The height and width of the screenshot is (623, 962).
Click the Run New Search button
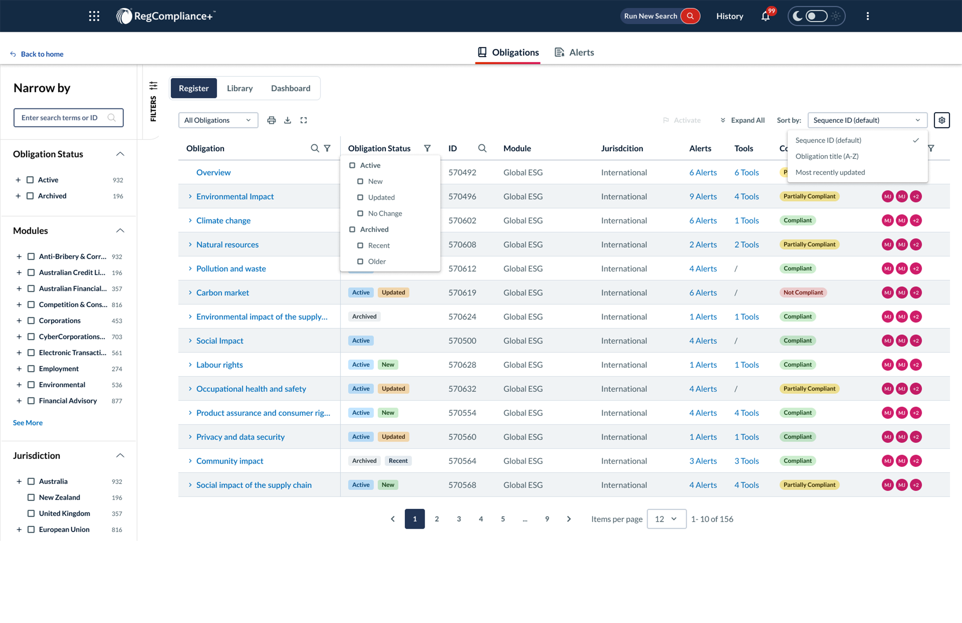[660, 16]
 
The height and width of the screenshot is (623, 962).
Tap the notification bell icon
[765, 17]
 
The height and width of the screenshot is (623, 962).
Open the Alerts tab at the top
[574, 52]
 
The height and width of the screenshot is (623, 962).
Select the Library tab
[240, 88]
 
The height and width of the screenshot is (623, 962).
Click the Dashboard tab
[291, 88]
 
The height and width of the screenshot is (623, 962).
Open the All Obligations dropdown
[218, 120]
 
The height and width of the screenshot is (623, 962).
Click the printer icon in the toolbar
[272, 120]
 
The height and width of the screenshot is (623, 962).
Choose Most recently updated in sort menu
[830, 172]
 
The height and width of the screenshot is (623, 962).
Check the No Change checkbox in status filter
[360, 213]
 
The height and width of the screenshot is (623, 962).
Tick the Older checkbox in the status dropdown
[360, 261]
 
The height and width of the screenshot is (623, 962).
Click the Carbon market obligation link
[223, 293]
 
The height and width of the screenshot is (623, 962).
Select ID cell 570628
[462, 365]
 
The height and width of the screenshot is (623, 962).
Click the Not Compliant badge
[803, 293]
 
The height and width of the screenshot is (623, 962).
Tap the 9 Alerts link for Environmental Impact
[703, 196]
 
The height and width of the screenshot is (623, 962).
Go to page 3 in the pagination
[459, 519]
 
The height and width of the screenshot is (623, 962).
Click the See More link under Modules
[28, 423]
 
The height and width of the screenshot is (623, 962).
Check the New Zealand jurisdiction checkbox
[31, 497]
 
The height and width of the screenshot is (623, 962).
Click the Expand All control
[742, 120]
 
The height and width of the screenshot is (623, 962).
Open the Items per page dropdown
[666, 519]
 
